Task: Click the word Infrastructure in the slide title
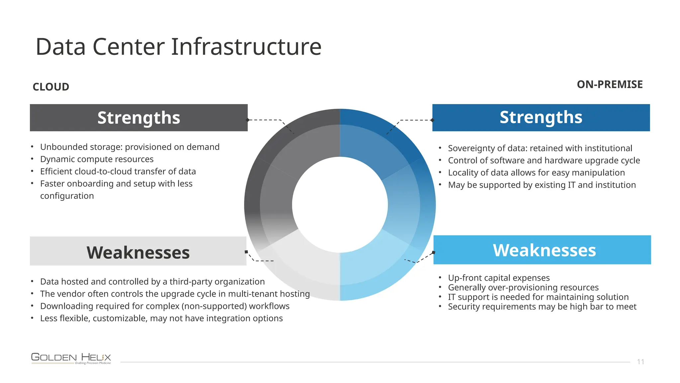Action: tap(246, 47)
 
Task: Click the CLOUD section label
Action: tap(51, 87)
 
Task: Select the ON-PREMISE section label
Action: tap(610, 84)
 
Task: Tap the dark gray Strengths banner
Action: tap(138, 118)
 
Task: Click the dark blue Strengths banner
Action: tap(541, 117)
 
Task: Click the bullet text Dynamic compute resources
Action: tap(97, 159)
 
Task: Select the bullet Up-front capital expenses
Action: tap(499, 278)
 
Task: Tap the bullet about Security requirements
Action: tap(542, 307)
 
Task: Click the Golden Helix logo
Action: tap(71, 358)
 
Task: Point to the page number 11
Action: tap(640, 362)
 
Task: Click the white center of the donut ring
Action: tap(340, 205)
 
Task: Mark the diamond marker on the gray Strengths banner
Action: tap(247, 120)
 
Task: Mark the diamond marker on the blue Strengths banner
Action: tap(432, 120)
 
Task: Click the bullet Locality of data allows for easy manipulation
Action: tap(536, 173)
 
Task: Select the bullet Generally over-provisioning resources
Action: tap(523, 287)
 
